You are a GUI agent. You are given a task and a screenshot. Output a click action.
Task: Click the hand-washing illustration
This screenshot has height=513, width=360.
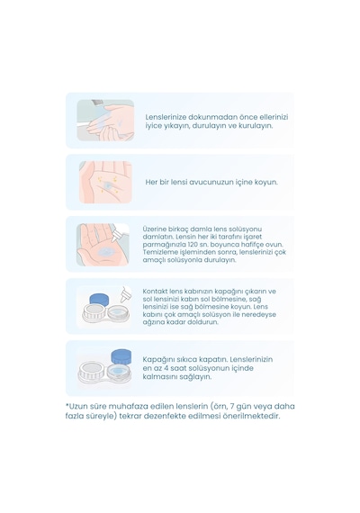pyautogui.click(x=105, y=120)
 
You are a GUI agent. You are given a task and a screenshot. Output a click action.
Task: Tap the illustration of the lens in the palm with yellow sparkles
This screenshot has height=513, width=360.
pyautogui.click(x=105, y=182)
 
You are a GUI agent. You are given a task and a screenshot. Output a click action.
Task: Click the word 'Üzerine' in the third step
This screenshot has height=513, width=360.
pyautogui.click(x=153, y=229)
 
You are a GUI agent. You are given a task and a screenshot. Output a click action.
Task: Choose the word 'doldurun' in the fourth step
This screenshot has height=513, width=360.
pyautogui.click(x=206, y=322)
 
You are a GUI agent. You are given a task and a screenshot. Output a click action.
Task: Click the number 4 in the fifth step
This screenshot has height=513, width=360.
pyautogui.click(x=166, y=368)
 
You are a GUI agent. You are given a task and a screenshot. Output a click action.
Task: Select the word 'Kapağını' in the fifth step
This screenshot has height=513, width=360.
pyautogui.click(x=155, y=360)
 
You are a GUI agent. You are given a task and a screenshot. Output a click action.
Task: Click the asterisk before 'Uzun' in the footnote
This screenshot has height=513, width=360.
pyautogui.click(x=67, y=405)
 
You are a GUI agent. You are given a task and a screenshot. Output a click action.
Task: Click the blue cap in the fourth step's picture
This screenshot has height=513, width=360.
pyautogui.click(x=99, y=300)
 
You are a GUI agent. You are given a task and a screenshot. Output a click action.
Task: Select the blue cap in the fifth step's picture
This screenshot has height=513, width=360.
pyautogui.click(x=121, y=357)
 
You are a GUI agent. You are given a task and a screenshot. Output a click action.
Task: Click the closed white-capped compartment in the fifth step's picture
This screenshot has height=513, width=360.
pyautogui.click(x=92, y=371)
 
